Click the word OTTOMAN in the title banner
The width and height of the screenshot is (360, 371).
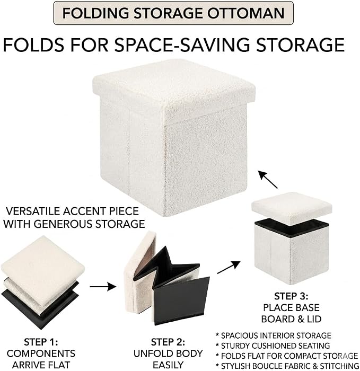point(245,13)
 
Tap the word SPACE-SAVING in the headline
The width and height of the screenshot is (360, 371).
point(182,45)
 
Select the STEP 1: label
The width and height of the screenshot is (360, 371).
point(41,342)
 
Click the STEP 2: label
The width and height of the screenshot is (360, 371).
point(168,342)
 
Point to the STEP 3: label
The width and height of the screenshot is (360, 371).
point(291,296)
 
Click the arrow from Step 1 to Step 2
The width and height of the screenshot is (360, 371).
point(103,287)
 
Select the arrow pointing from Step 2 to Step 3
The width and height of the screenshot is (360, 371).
point(229,267)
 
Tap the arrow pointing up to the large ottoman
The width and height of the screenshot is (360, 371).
point(267,179)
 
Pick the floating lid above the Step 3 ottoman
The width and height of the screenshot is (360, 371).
point(292,206)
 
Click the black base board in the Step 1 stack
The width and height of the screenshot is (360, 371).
point(40,307)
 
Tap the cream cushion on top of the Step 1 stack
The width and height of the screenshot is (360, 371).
point(42,270)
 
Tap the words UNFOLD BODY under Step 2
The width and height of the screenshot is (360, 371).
point(168,354)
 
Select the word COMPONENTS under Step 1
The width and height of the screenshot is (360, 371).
point(41,354)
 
